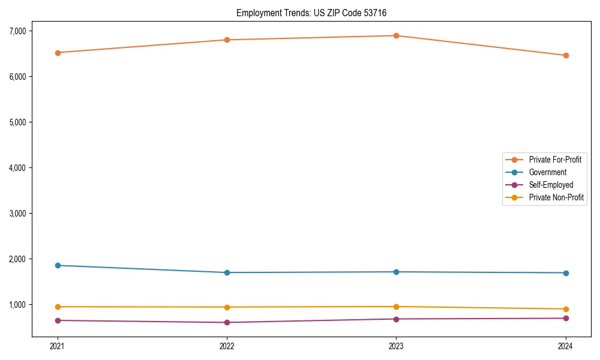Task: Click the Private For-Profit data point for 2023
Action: click(396, 35)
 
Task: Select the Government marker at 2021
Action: click(58, 265)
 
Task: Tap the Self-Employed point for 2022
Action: click(227, 322)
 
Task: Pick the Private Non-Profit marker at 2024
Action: click(565, 309)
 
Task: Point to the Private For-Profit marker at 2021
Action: click(58, 53)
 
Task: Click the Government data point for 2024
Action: click(565, 273)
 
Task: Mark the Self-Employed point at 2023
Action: click(396, 319)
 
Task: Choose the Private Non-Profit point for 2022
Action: click(227, 307)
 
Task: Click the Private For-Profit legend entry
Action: click(554, 160)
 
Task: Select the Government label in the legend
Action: click(547, 172)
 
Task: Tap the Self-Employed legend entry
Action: click(551, 185)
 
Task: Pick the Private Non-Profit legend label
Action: click(556, 197)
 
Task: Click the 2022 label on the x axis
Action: click(227, 346)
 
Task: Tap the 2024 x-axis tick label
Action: click(565, 346)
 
